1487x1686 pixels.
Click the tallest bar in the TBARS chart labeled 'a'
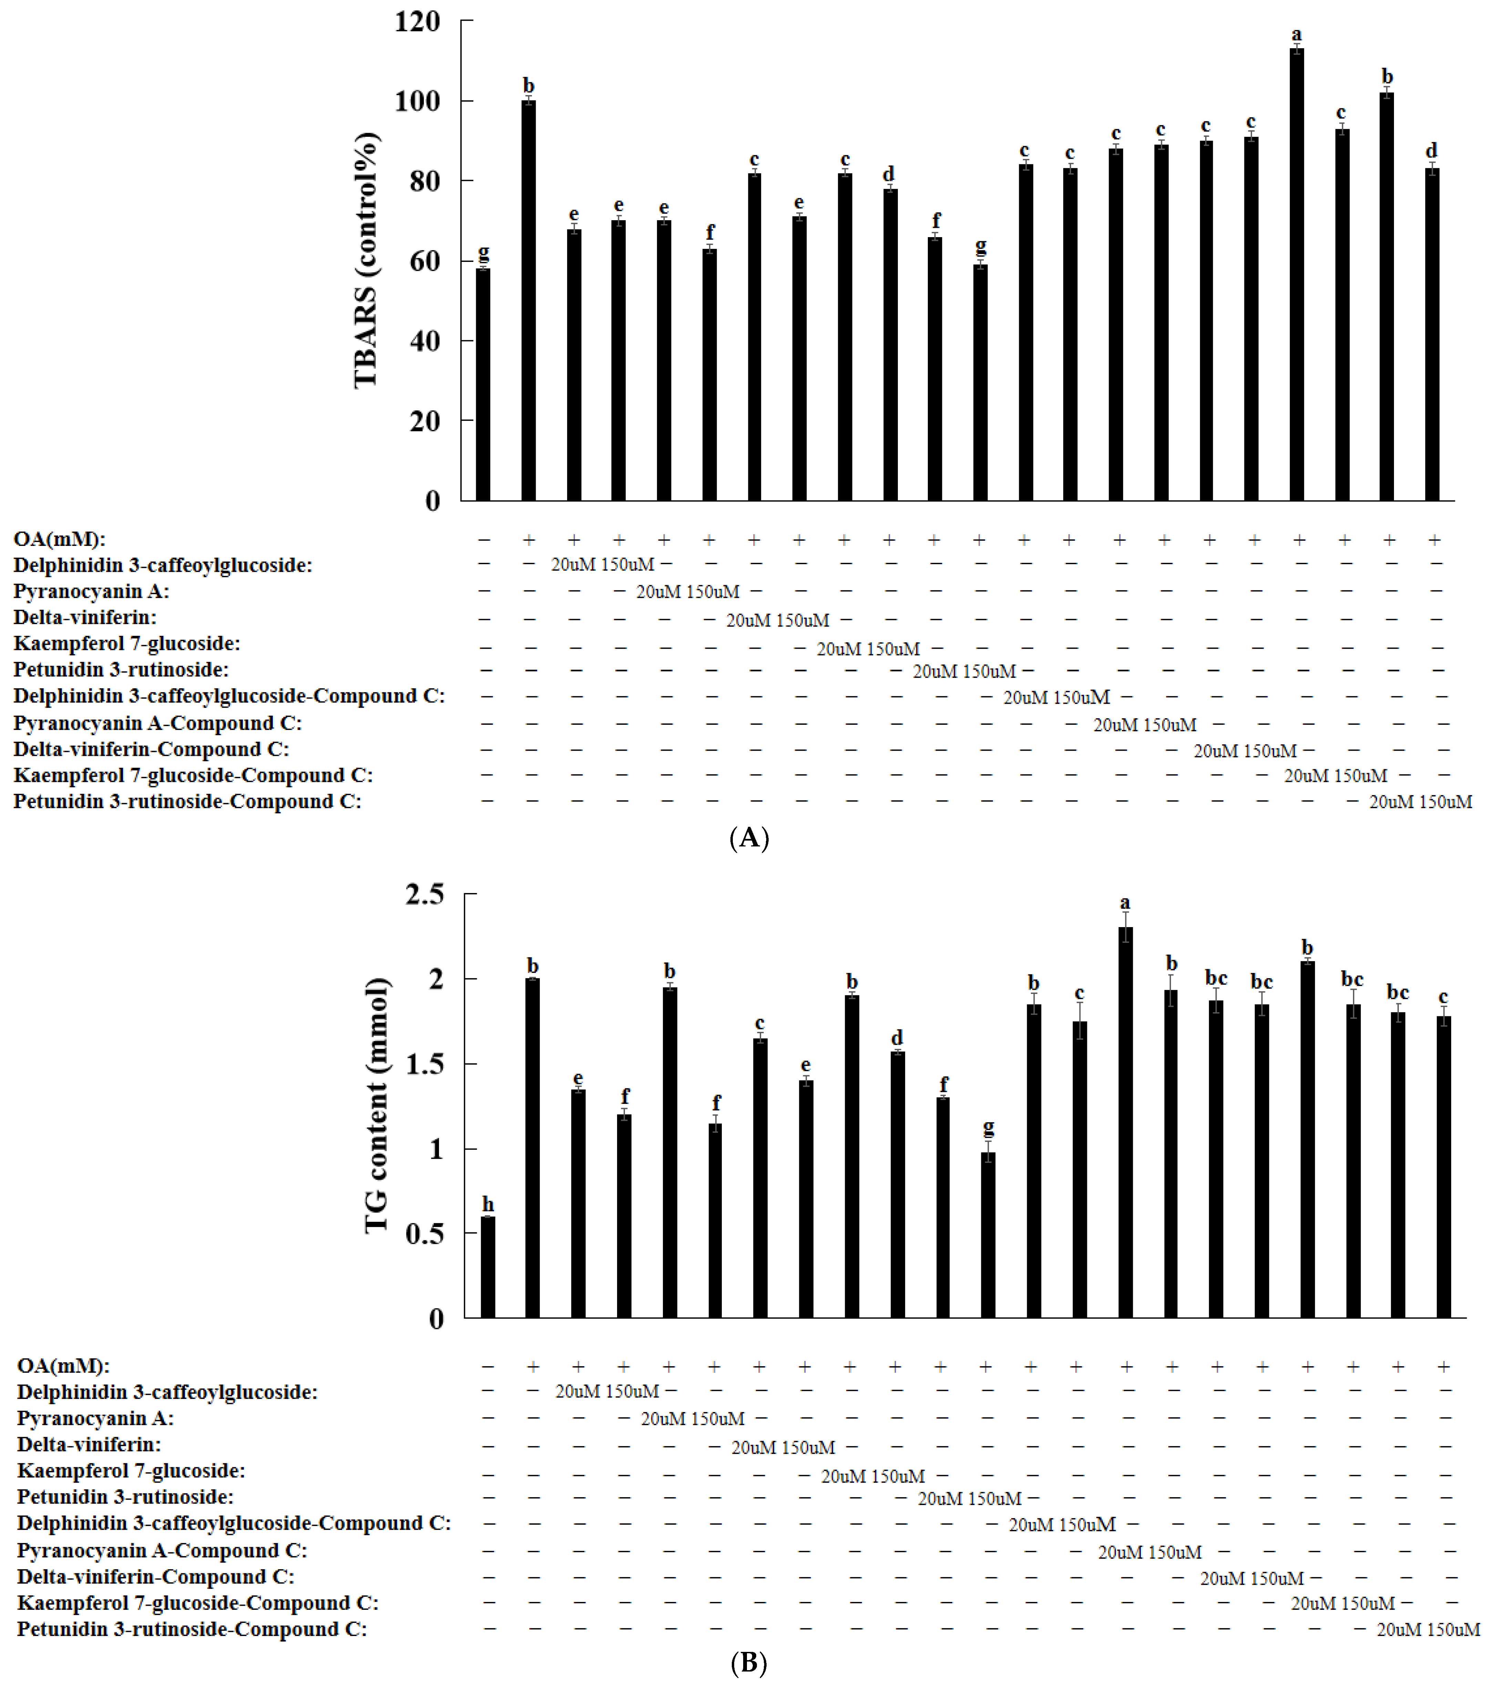tap(1296, 272)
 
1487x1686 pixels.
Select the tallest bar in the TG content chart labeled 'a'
tap(1125, 1122)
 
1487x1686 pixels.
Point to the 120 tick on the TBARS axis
tap(417, 21)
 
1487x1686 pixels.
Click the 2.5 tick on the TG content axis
tap(424, 894)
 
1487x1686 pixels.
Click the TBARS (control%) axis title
tap(365, 260)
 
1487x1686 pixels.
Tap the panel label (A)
tap(749, 838)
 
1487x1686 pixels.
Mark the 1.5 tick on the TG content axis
tap(424, 1064)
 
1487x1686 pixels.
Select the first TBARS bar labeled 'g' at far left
tap(483, 384)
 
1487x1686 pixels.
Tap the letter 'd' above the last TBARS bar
tap(1432, 151)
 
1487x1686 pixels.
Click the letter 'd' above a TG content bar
tap(897, 1038)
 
